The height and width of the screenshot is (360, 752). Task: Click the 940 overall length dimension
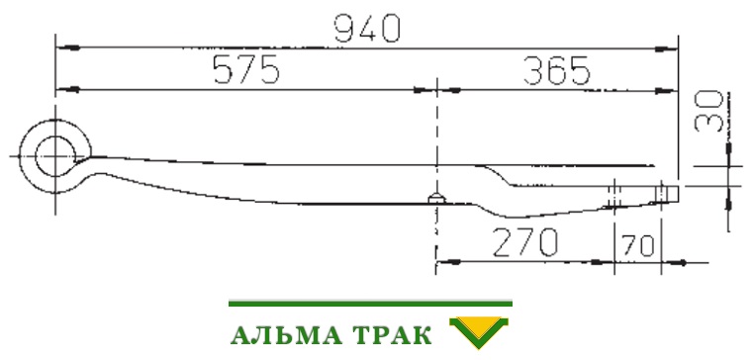point(367,28)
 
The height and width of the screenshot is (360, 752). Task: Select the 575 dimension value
point(246,69)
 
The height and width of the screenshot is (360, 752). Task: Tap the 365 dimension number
point(556,70)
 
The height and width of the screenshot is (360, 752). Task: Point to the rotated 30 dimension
point(708,111)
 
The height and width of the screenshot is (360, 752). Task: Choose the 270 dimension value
point(525,242)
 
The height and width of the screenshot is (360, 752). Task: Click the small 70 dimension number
point(637,245)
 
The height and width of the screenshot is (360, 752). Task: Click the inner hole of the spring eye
point(55,156)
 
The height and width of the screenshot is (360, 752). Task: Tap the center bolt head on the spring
point(436,198)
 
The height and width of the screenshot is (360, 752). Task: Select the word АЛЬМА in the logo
point(286,335)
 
